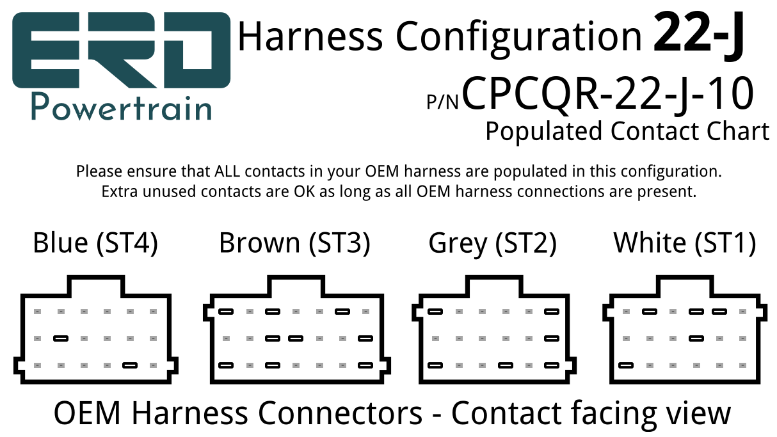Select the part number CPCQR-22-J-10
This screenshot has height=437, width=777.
click(x=607, y=93)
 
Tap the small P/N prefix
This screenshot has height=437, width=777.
click(x=443, y=101)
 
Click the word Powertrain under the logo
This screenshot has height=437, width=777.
click(x=122, y=107)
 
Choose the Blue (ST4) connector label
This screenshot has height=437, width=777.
click(x=95, y=243)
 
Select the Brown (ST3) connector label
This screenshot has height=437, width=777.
click(x=294, y=243)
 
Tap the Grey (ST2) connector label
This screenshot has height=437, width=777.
click(x=492, y=243)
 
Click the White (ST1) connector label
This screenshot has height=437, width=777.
click(x=684, y=243)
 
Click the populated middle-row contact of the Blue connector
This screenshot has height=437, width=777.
click(x=61, y=338)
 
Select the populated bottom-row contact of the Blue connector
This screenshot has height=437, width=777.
click(x=130, y=365)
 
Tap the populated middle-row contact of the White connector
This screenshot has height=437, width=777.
click(x=696, y=338)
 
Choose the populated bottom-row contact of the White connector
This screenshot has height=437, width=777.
click(x=626, y=365)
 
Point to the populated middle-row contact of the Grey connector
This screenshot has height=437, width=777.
click(x=552, y=338)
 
